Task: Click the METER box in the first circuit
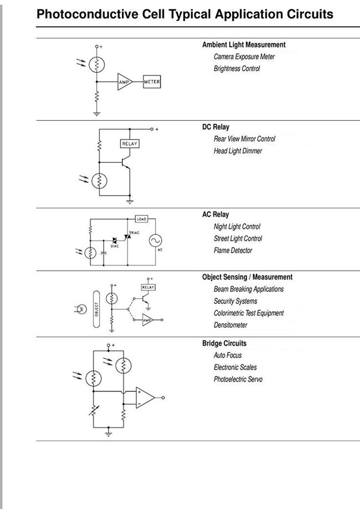tap(152, 82)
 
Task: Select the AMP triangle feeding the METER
tap(125, 82)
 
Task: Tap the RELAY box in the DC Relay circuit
tap(130, 143)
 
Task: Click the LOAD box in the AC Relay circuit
tap(141, 219)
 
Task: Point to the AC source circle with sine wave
tap(156, 240)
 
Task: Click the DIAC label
tap(115, 246)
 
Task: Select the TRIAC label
tap(134, 233)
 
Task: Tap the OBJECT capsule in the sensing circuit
tap(96, 309)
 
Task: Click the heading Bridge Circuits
tap(224, 343)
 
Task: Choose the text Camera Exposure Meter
tap(244, 57)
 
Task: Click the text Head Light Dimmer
tap(238, 151)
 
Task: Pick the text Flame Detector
tap(233, 250)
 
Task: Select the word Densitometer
tap(230, 325)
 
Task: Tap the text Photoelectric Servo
tap(238, 379)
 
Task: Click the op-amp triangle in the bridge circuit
tap(145, 398)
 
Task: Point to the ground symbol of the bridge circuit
tap(109, 433)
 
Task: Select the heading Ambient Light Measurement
tap(244, 45)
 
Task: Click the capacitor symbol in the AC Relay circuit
tap(104, 253)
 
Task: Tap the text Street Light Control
tap(238, 239)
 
